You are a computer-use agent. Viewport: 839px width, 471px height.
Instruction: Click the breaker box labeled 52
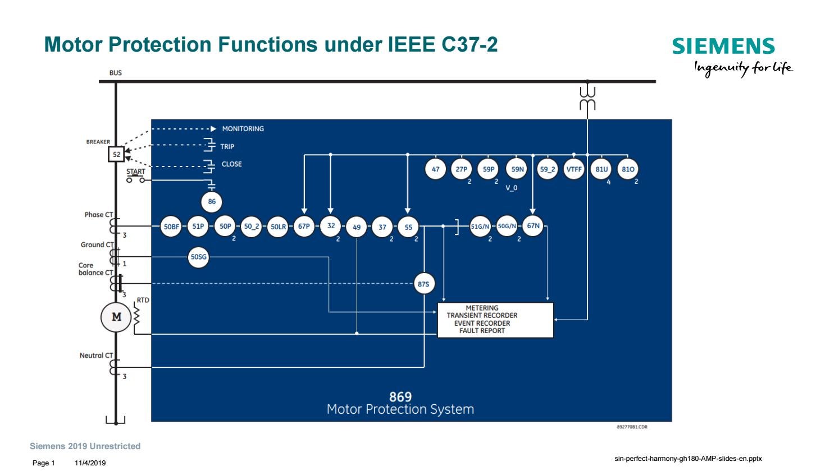click(x=116, y=154)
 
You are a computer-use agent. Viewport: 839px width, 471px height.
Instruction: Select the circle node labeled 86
click(x=212, y=202)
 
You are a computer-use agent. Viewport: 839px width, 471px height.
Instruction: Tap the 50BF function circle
click(x=171, y=227)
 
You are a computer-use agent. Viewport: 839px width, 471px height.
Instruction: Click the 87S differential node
click(x=423, y=284)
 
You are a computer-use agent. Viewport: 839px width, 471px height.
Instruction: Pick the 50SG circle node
click(x=198, y=257)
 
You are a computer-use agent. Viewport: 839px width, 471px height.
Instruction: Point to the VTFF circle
click(x=573, y=169)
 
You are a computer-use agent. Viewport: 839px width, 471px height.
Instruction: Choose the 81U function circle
click(x=601, y=169)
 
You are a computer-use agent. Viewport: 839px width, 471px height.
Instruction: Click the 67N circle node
click(x=533, y=226)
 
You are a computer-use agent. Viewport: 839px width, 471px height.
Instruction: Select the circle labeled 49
click(x=357, y=227)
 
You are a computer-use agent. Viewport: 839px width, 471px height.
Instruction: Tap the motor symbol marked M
click(x=116, y=317)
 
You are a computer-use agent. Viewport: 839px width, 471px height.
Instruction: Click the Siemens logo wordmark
click(x=723, y=46)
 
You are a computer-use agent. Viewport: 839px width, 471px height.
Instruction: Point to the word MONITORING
click(x=243, y=129)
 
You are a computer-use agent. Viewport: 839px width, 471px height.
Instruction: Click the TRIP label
click(x=227, y=147)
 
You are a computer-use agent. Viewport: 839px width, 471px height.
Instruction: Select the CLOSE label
click(x=231, y=164)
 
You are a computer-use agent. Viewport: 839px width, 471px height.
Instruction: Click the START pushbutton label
click(x=135, y=172)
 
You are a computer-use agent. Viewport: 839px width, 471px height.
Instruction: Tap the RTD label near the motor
click(x=143, y=301)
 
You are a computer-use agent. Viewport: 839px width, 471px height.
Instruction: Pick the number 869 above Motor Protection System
click(x=400, y=396)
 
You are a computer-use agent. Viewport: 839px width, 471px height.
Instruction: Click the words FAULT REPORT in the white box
click(x=482, y=331)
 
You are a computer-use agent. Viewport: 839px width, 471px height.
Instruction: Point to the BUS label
click(x=116, y=73)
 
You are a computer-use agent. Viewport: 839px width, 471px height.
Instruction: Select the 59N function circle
click(x=517, y=169)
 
